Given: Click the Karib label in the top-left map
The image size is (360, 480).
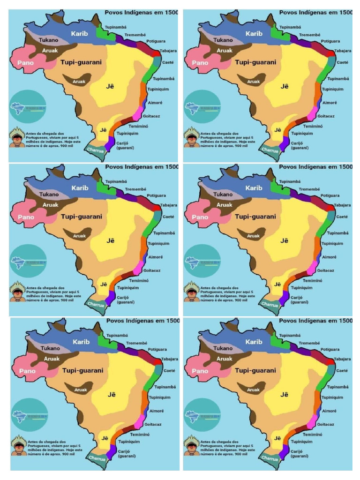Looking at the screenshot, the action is point(80,34).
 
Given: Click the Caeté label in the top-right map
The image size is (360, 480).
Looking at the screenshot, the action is point(343,62).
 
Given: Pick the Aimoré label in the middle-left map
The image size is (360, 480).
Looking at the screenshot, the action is point(156,257).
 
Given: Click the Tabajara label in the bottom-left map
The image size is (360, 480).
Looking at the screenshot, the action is point(169,359).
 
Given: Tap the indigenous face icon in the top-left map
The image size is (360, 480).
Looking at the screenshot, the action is point(17,137).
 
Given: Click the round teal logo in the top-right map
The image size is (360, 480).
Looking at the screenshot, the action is point(202,107).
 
